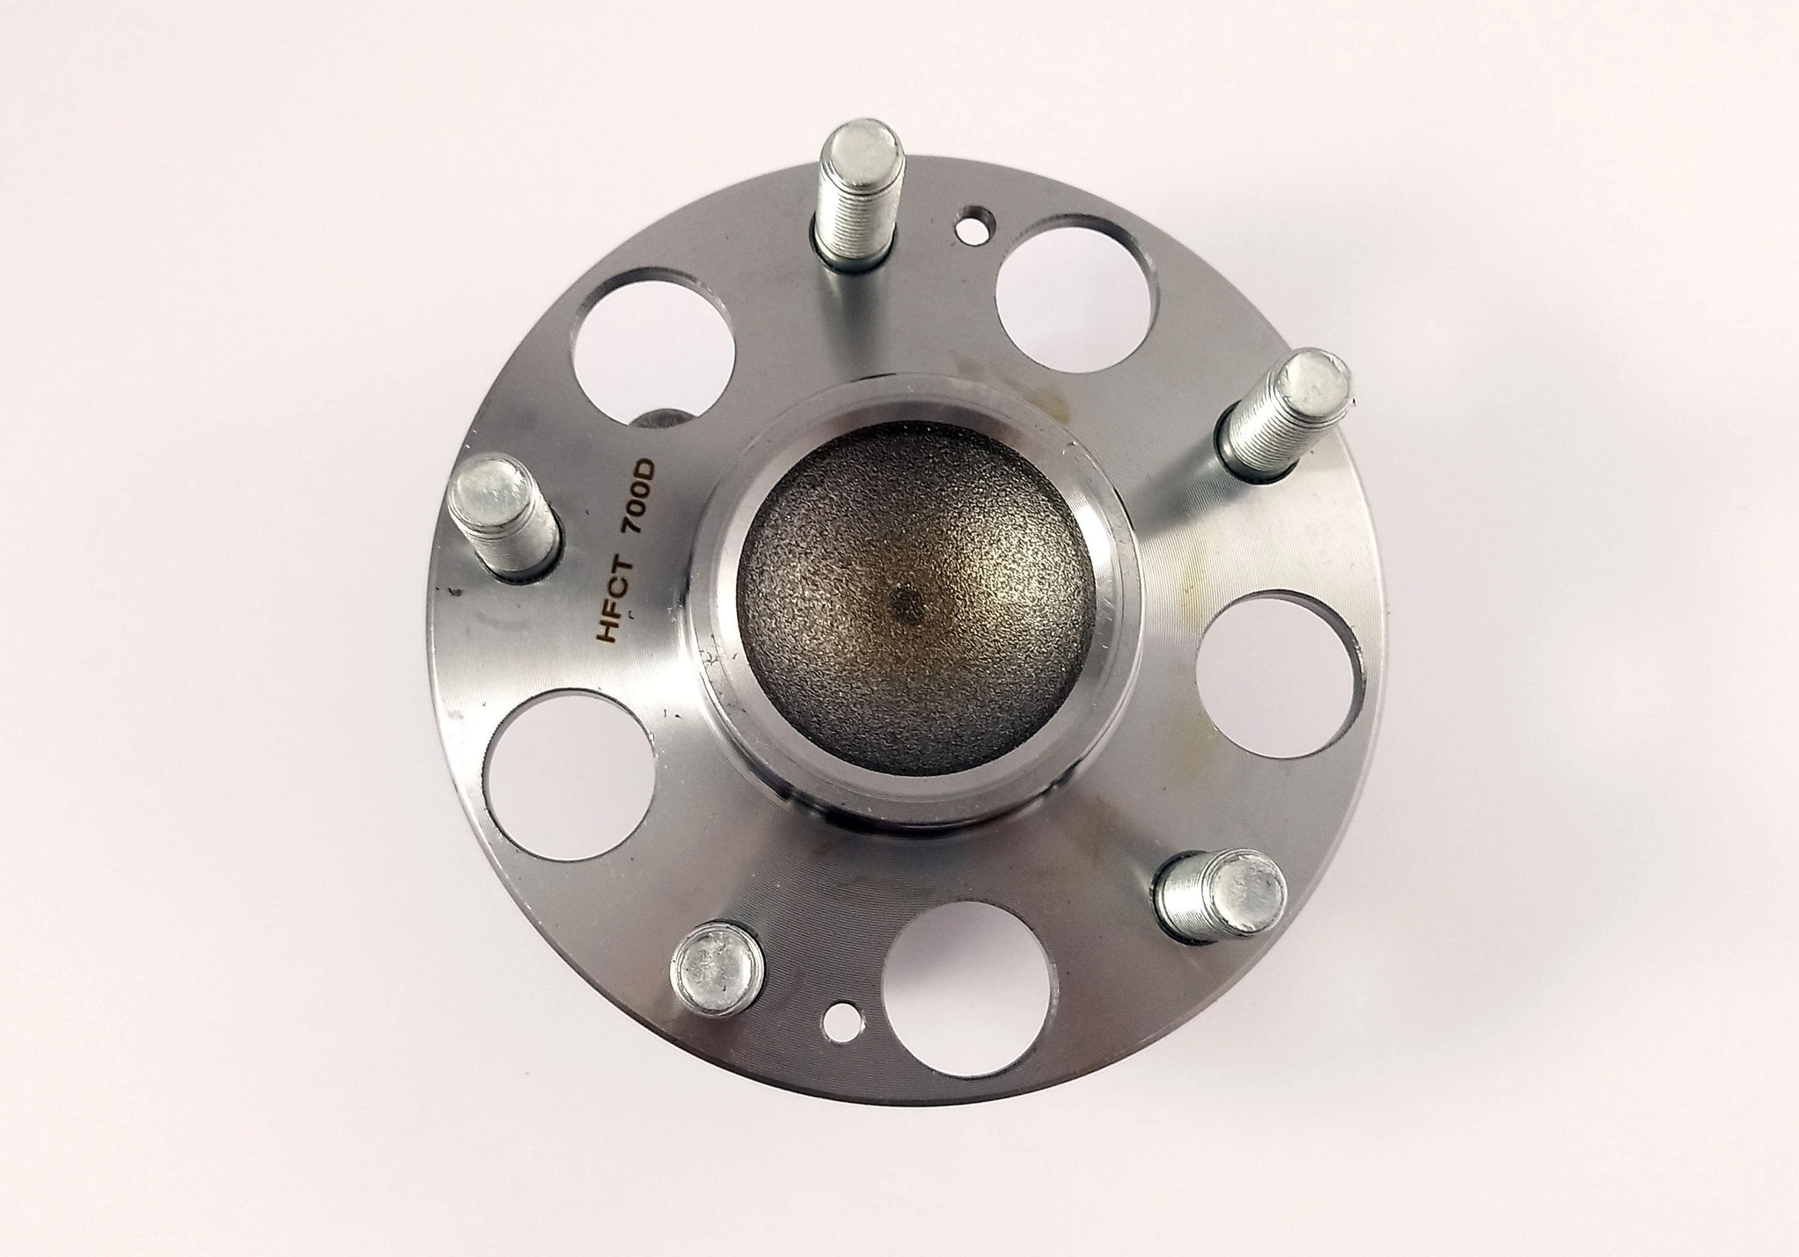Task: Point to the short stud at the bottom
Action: [717, 967]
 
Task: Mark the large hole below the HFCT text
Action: [569, 774]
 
